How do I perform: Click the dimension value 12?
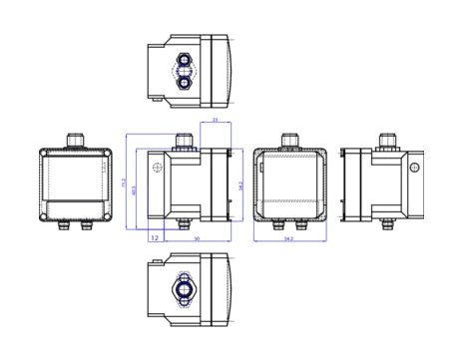pos(155,238)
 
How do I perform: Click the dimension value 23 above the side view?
pos(216,121)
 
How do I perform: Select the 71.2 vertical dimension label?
pos(124,183)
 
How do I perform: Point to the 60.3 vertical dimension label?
pos(135,189)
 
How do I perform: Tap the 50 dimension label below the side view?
pos(196,239)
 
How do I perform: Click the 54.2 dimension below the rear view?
pos(287,239)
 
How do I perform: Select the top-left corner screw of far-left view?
pos(45,154)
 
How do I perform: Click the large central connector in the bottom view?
pos(184,290)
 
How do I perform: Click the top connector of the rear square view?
pos(287,140)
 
